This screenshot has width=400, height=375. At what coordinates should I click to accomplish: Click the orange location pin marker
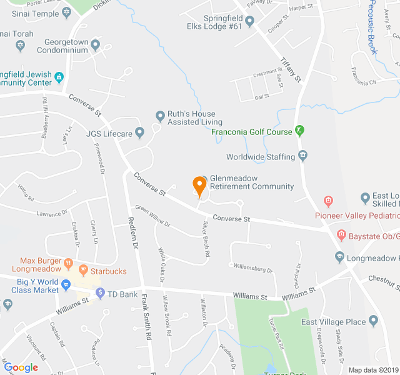199,186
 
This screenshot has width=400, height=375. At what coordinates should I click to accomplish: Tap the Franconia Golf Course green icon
299,131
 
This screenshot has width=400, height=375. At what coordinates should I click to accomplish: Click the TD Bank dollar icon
99,292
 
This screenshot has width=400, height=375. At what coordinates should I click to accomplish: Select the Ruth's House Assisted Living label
194,118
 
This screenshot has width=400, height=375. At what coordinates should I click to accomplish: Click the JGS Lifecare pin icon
139,132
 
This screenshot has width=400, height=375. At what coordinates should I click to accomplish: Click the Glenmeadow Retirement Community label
251,182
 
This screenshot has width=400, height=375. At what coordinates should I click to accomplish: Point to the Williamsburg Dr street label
253,267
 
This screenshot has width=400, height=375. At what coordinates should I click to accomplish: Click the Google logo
21,367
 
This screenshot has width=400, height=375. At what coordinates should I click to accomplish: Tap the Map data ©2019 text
372,369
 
